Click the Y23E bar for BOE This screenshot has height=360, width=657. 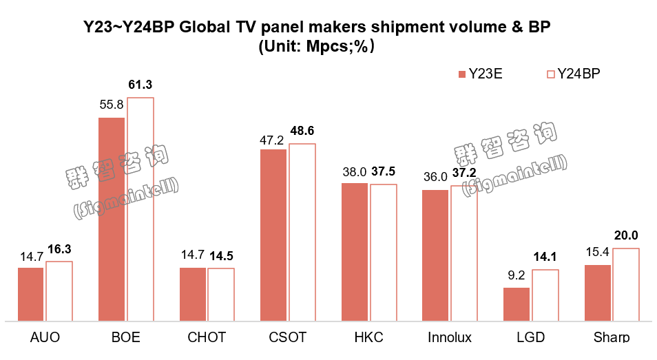[112, 219]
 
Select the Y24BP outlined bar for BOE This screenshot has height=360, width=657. [140, 209]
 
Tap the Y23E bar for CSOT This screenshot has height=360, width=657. [273, 235]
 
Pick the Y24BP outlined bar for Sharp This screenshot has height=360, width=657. [626, 284]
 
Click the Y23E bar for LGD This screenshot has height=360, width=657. [517, 304]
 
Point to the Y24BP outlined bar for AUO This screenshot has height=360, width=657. [59, 291]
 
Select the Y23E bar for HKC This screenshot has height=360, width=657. [355, 252]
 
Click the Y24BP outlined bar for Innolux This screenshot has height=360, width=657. [463, 253]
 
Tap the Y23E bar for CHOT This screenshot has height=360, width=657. [193, 294]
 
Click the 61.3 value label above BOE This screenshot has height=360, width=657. [140, 85]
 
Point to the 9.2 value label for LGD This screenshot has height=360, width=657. [517, 276]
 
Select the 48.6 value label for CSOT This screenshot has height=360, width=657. [302, 131]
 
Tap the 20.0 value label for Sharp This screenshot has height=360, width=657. [626, 235]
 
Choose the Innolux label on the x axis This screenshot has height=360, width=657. [450, 337]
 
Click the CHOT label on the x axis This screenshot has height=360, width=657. [207, 337]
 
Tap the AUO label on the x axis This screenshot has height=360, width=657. [45, 337]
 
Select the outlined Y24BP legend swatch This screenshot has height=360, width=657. [550, 74]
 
